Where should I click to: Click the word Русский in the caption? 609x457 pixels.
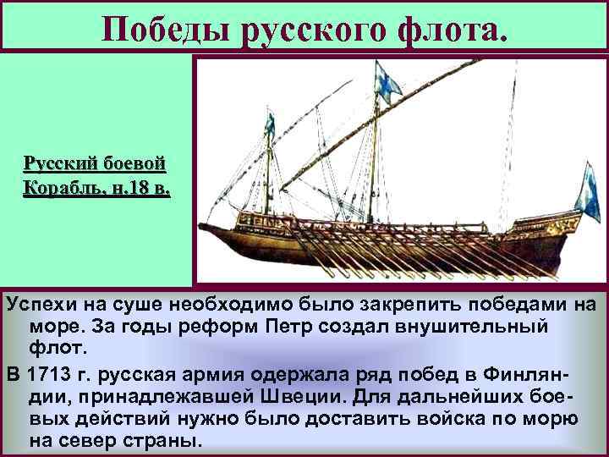pyautogui.click(x=58, y=162)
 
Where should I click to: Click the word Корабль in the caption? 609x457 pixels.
pyautogui.click(x=60, y=187)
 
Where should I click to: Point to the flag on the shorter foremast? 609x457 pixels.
pyautogui.click(x=269, y=124)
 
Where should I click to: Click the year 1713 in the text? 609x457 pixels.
pyautogui.click(x=47, y=373)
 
